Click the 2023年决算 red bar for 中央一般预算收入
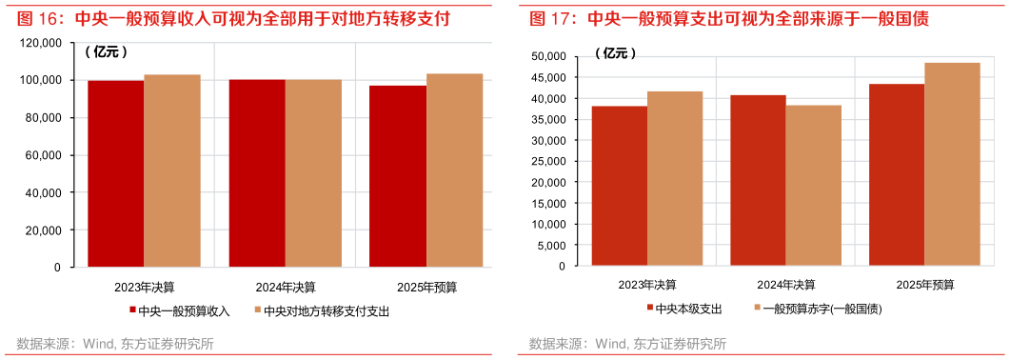[x=116, y=173]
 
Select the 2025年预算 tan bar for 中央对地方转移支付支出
[x=454, y=170]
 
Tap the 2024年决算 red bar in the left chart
[x=257, y=173]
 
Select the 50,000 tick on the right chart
[x=550, y=57]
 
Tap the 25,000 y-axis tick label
[x=550, y=162]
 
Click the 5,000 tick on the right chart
[x=553, y=246]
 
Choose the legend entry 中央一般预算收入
[x=180, y=310]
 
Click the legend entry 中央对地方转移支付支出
[x=323, y=310]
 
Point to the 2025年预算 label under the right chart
[x=924, y=285]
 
